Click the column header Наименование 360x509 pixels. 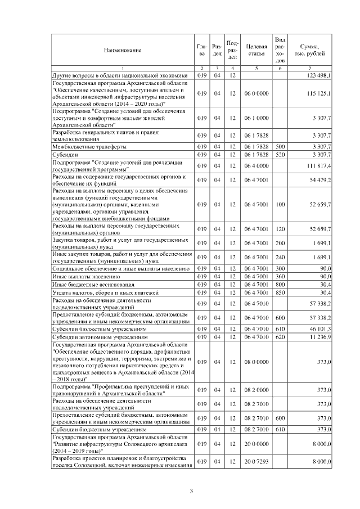click(x=122, y=50)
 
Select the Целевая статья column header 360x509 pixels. click(x=256, y=50)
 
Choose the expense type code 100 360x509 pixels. click(x=280, y=204)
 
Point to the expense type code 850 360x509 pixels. click(x=280, y=292)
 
